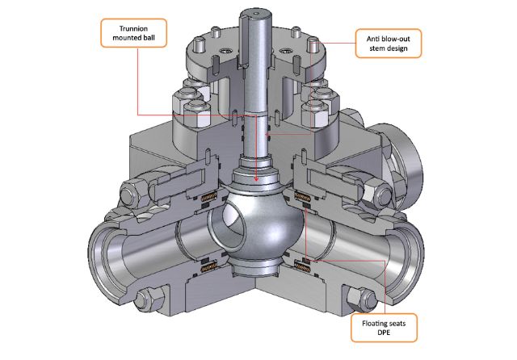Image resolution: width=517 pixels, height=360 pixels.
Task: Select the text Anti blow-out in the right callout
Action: coord(386,36)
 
